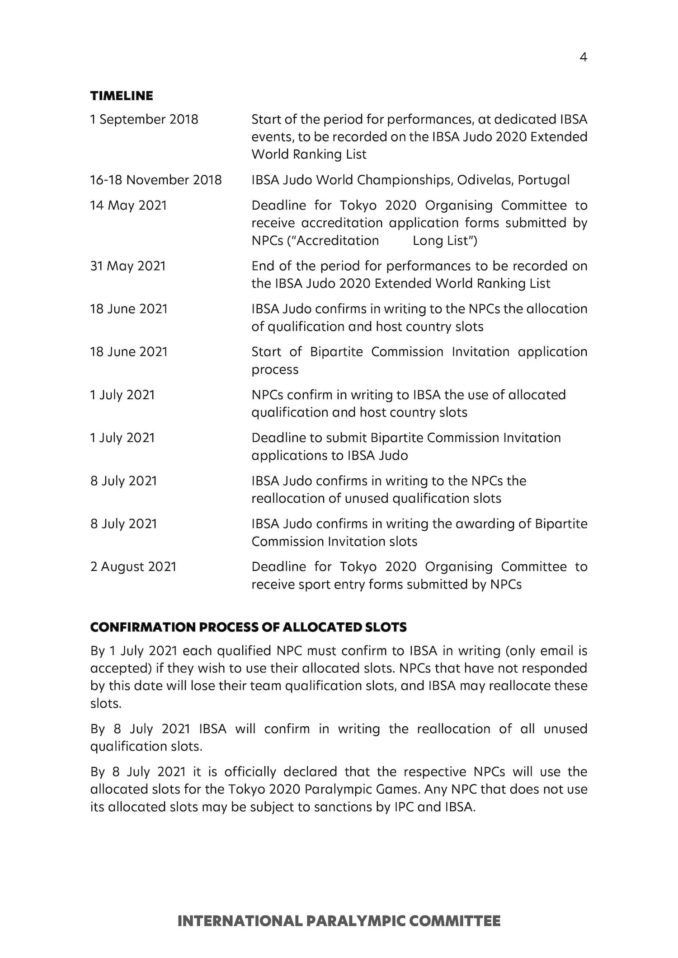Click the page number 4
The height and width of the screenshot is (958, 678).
click(x=583, y=57)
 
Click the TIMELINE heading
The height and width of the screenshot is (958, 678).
click(x=122, y=96)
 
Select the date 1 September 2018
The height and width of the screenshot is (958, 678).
click(x=144, y=119)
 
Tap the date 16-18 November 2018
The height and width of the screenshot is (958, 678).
click(x=156, y=180)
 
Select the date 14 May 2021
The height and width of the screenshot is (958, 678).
click(x=128, y=206)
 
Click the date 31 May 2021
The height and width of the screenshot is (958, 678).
click(x=128, y=266)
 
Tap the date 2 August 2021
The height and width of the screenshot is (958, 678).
click(x=133, y=566)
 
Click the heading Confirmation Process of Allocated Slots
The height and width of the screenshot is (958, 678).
click(x=248, y=627)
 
